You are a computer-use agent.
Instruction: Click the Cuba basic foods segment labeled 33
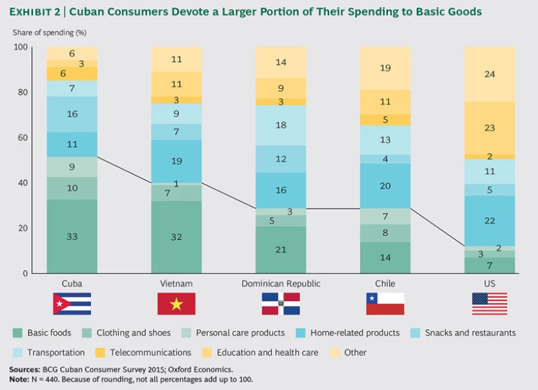[72, 237]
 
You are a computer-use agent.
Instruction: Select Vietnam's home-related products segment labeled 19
[177, 161]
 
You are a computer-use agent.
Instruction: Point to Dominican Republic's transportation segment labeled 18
[281, 125]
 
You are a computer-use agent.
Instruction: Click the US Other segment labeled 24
[490, 74]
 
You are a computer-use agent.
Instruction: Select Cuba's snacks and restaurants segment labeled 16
[72, 113]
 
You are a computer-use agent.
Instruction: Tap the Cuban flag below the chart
[72, 303]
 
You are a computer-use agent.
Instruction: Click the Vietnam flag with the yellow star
[177, 303]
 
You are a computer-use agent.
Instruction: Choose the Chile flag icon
[385, 303]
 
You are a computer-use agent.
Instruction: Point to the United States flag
[490, 303]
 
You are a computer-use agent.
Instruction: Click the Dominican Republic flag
[281, 303]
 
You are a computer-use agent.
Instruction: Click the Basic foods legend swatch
[17, 333]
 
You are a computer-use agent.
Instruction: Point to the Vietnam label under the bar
[177, 284]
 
